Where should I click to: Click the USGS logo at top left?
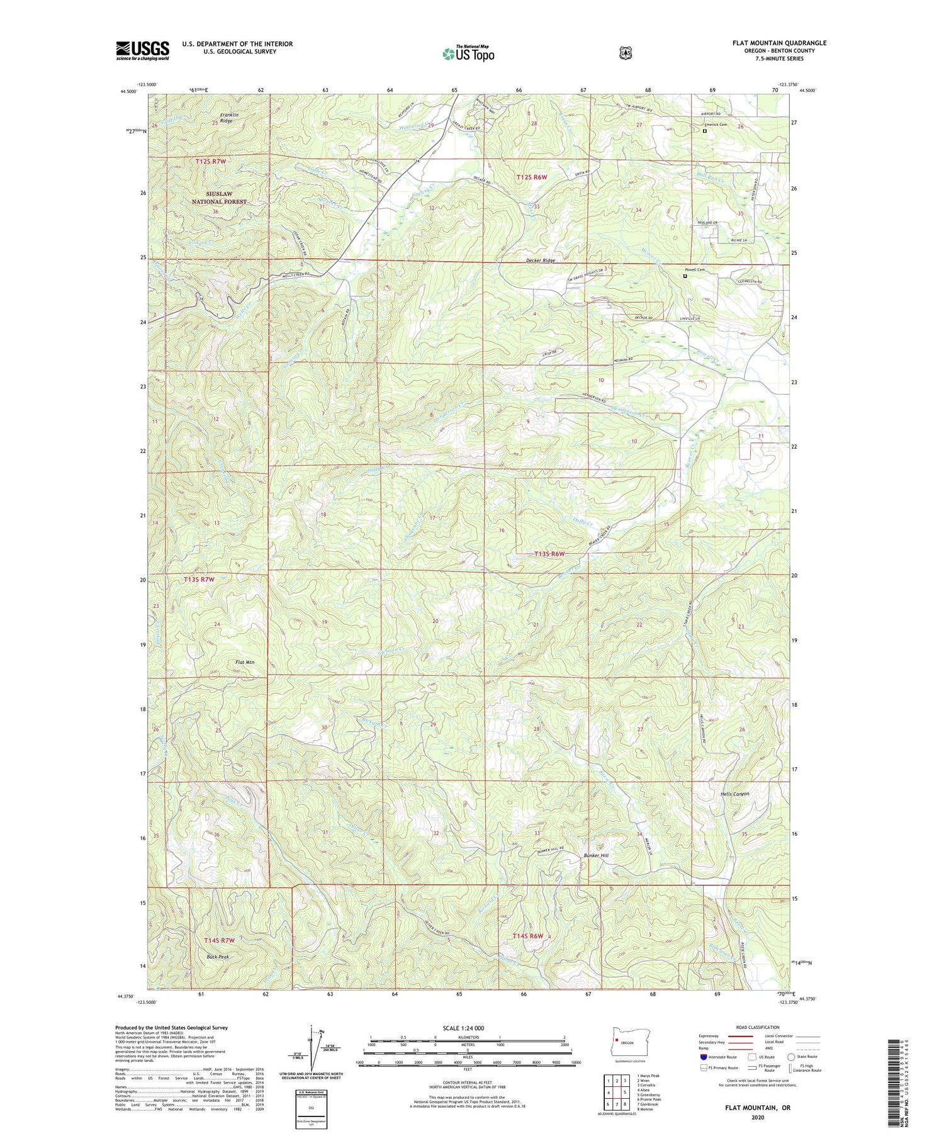coord(142,50)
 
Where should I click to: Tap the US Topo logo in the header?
coord(468,53)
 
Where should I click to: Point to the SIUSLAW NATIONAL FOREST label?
coord(219,198)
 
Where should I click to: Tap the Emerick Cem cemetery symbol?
coord(705,131)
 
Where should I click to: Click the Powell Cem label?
coord(694,269)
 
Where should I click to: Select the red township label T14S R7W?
coord(219,940)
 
